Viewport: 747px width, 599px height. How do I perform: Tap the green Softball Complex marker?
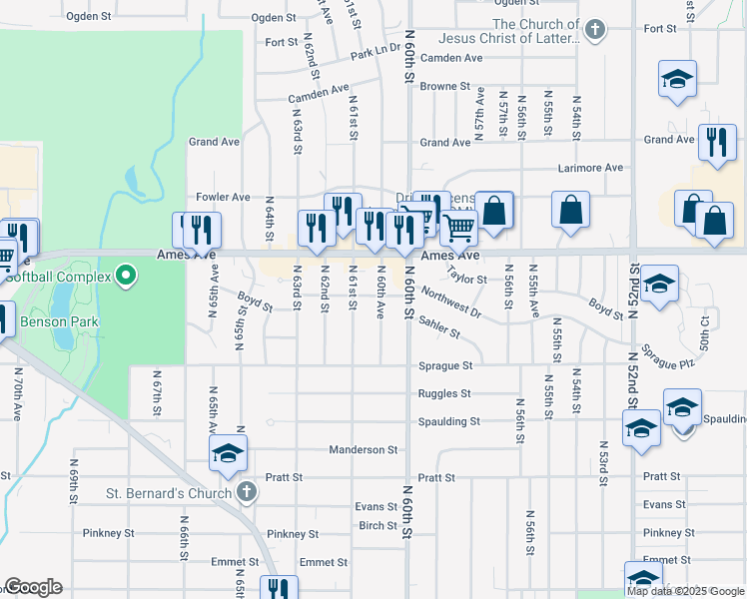126,275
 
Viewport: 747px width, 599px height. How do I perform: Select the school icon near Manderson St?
228,454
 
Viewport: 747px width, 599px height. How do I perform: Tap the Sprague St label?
444,366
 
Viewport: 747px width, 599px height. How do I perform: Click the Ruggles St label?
444,393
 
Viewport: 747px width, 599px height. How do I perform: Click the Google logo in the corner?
32,587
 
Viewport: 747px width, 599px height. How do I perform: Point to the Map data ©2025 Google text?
685,591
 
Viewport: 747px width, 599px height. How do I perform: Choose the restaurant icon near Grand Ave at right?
716,143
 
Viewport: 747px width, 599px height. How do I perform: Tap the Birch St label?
377,525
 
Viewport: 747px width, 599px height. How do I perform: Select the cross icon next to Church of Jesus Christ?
595,30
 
